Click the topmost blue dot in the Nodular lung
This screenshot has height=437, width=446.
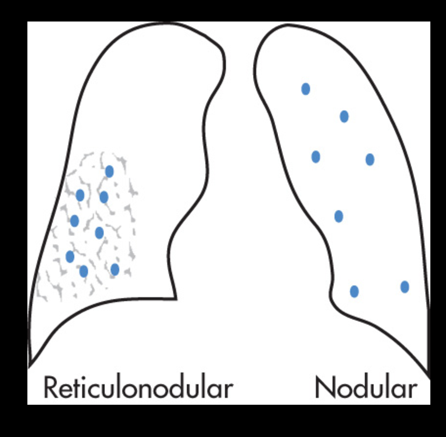pyautogui.click(x=306, y=89)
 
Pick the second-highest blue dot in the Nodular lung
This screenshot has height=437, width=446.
pyautogui.click(x=344, y=116)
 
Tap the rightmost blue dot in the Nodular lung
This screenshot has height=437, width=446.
pyautogui.click(x=404, y=287)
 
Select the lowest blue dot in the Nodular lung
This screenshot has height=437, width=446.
pyautogui.click(x=355, y=292)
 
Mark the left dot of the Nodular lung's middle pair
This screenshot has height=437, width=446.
pyautogui.click(x=316, y=157)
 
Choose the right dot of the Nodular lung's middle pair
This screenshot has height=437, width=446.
pyautogui.click(x=370, y=159)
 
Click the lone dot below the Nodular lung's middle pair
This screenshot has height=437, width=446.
pyautogui.click(x=338, y=216)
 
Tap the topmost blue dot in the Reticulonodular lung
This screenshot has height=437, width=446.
pyautogui.click(x=110, y=172)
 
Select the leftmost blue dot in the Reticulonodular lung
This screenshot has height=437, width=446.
pyautogui.click(x=70, y=256)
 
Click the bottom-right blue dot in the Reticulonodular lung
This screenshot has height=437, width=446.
pyautogui.click(x=115, y=269)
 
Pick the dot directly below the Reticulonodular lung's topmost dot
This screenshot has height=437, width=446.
pyautogui.click(x=104, y=197)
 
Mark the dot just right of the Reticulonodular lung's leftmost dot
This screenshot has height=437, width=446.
pyautogui.click(x=84, y=271)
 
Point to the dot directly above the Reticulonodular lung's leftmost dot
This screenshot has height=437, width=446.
pyautogui.click(x=74, y=221)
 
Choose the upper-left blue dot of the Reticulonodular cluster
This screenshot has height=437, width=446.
pyautogui.click(x=80, y=196)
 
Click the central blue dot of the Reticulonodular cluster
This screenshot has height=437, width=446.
pyautogui.click(x=99, y=233)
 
